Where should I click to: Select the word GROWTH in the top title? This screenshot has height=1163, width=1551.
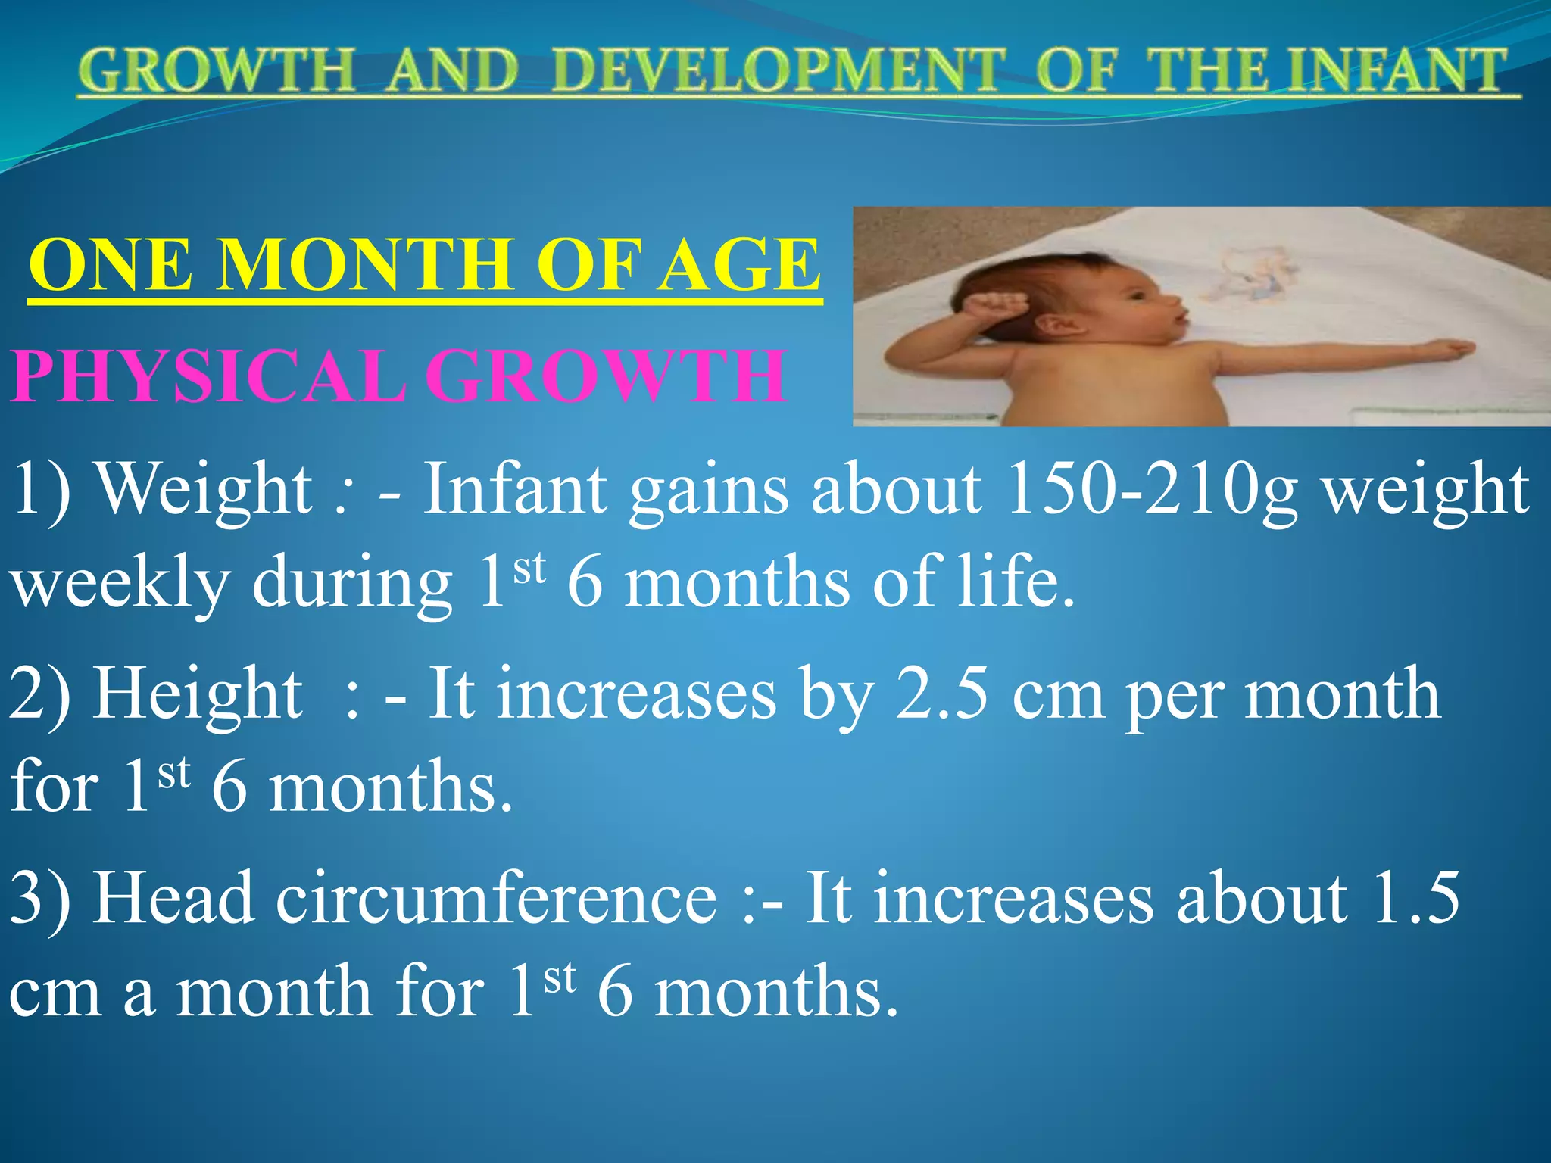(216, 71)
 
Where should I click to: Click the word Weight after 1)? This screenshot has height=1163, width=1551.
(204, 491)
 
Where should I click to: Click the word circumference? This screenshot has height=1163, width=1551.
(496, 899)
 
